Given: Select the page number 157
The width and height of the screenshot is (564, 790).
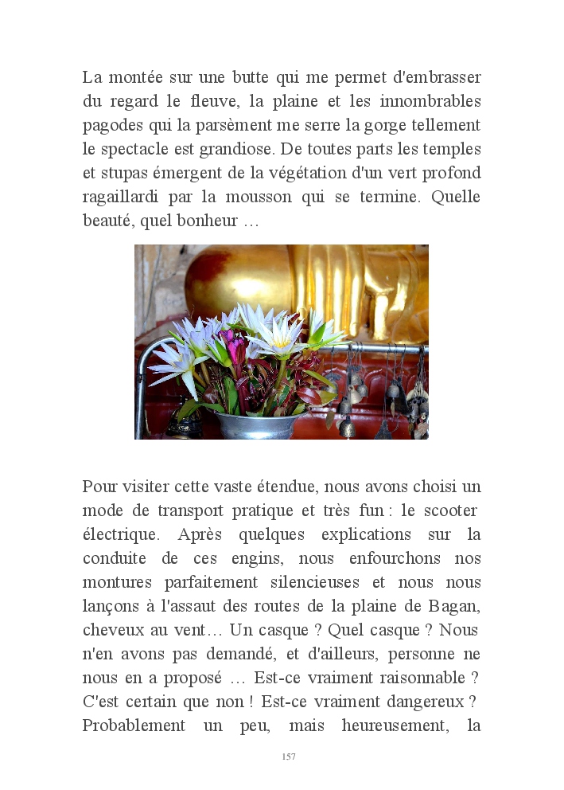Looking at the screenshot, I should pyautogui.click(x=289, y=757).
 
